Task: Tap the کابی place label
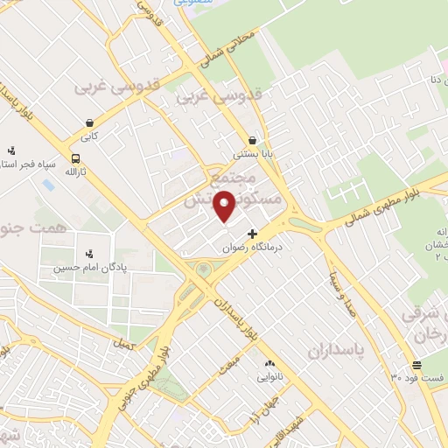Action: click(89, 137)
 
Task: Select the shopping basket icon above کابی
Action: click(89, 123)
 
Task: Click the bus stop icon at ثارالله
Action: click(75, 158)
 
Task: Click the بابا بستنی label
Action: click(252, 153)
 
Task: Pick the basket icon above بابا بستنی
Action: click(252, 139)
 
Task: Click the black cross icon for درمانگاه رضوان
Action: click(253, 234)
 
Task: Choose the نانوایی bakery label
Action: click(269, 378)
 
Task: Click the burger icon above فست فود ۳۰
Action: click(416, 364)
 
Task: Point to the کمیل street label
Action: click(124, 344)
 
